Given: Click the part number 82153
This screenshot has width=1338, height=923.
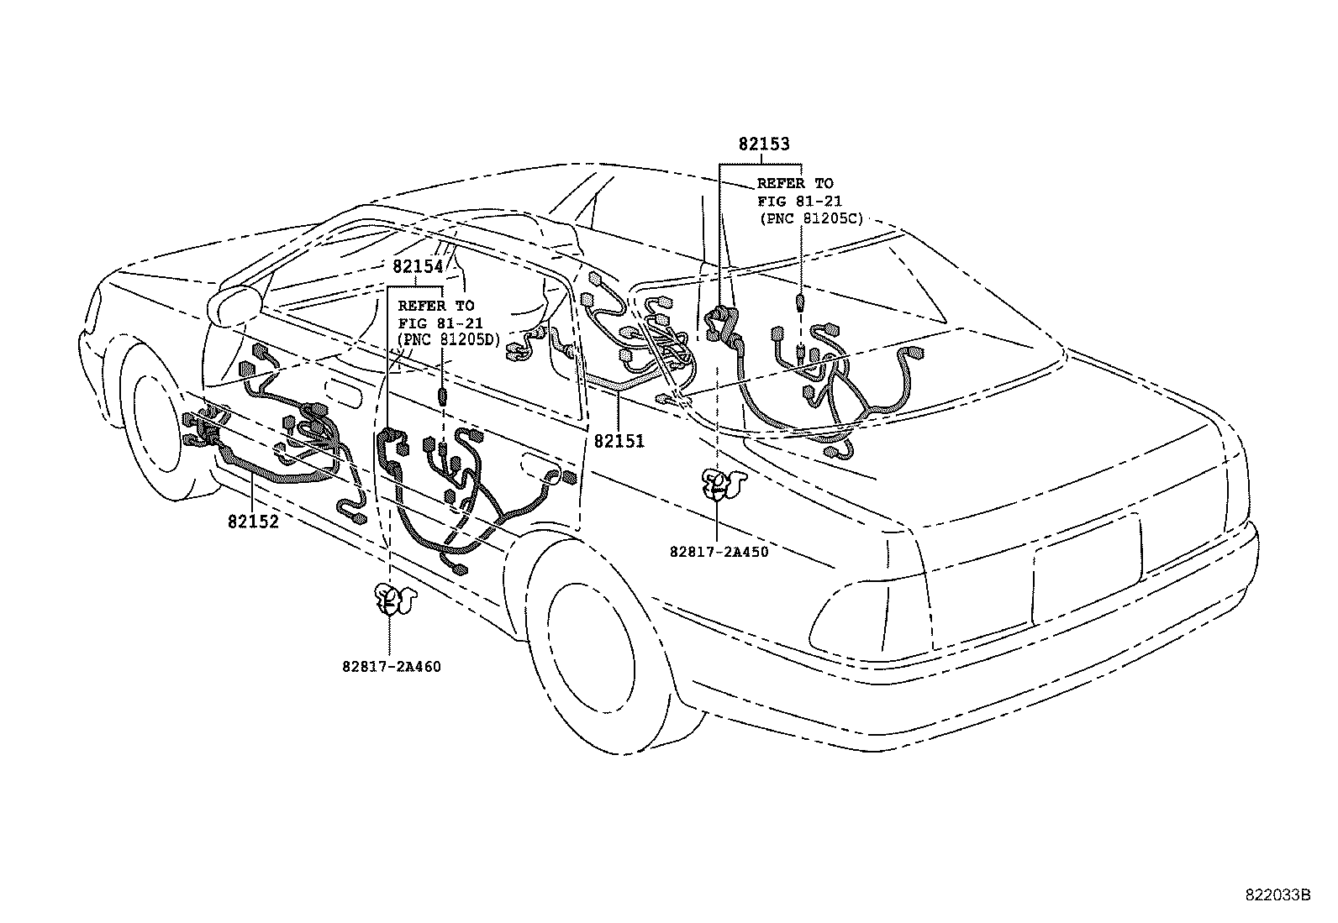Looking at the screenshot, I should (x=764, y=144).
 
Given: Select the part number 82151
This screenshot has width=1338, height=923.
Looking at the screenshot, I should (x=619, y=441).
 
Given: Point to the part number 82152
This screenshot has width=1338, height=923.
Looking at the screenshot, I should (x=252, y=521).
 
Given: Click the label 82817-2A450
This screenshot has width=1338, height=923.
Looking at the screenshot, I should (x=719, y=552).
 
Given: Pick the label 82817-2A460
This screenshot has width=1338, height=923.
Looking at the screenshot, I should (x=392, y=666).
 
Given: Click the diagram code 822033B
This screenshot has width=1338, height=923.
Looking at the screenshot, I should (x=1277, y=894).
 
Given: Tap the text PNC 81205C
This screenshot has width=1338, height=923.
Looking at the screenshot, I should (x=810, y=218).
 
